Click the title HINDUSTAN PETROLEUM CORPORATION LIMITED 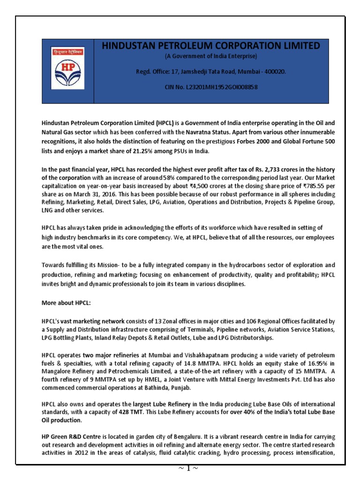click(x=210, y=45)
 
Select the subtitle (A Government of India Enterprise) click(x=210, y=56)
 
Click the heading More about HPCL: click(x=66, y=303)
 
